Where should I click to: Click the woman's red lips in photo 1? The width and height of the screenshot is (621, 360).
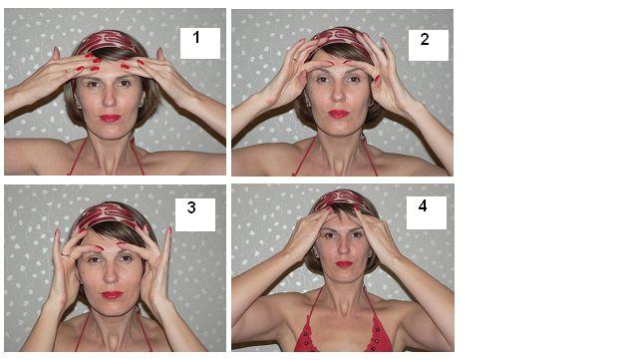110,118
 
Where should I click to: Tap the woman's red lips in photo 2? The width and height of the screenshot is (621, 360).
339,114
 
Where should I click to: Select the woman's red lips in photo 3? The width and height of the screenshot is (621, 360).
112,295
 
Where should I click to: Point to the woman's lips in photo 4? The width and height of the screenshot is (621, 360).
344,263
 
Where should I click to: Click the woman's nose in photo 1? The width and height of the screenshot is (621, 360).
110,99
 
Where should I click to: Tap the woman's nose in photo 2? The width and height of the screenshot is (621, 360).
338,95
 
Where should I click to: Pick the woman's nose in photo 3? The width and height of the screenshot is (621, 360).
112,275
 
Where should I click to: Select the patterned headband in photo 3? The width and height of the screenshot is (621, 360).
109,215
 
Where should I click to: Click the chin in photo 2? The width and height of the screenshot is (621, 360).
339,130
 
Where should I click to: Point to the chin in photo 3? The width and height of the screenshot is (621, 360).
112,310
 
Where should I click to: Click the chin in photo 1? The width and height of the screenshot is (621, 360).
111,133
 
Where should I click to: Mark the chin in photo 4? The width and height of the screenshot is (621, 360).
344,277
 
